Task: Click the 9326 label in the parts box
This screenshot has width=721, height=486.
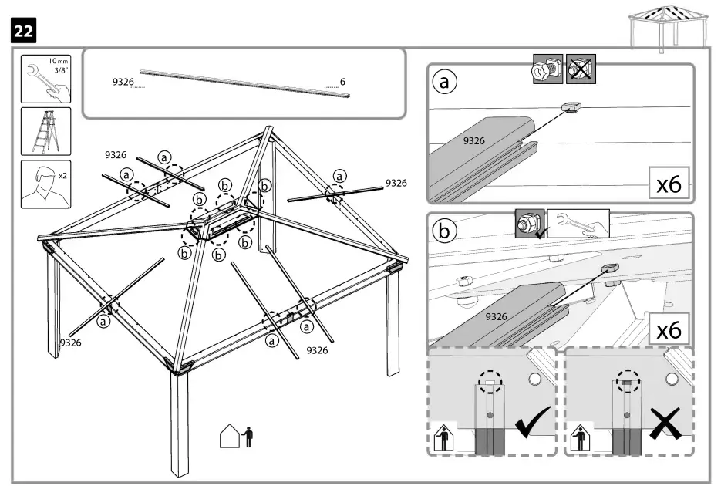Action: click(124, 80)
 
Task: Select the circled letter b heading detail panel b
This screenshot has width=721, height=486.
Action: click(444, 230)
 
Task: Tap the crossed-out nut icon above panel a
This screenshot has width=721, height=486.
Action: click(580, 69)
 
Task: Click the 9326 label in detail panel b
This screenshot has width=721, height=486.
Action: click(497, 316)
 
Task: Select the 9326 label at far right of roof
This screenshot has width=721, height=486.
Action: click(396, 183)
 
